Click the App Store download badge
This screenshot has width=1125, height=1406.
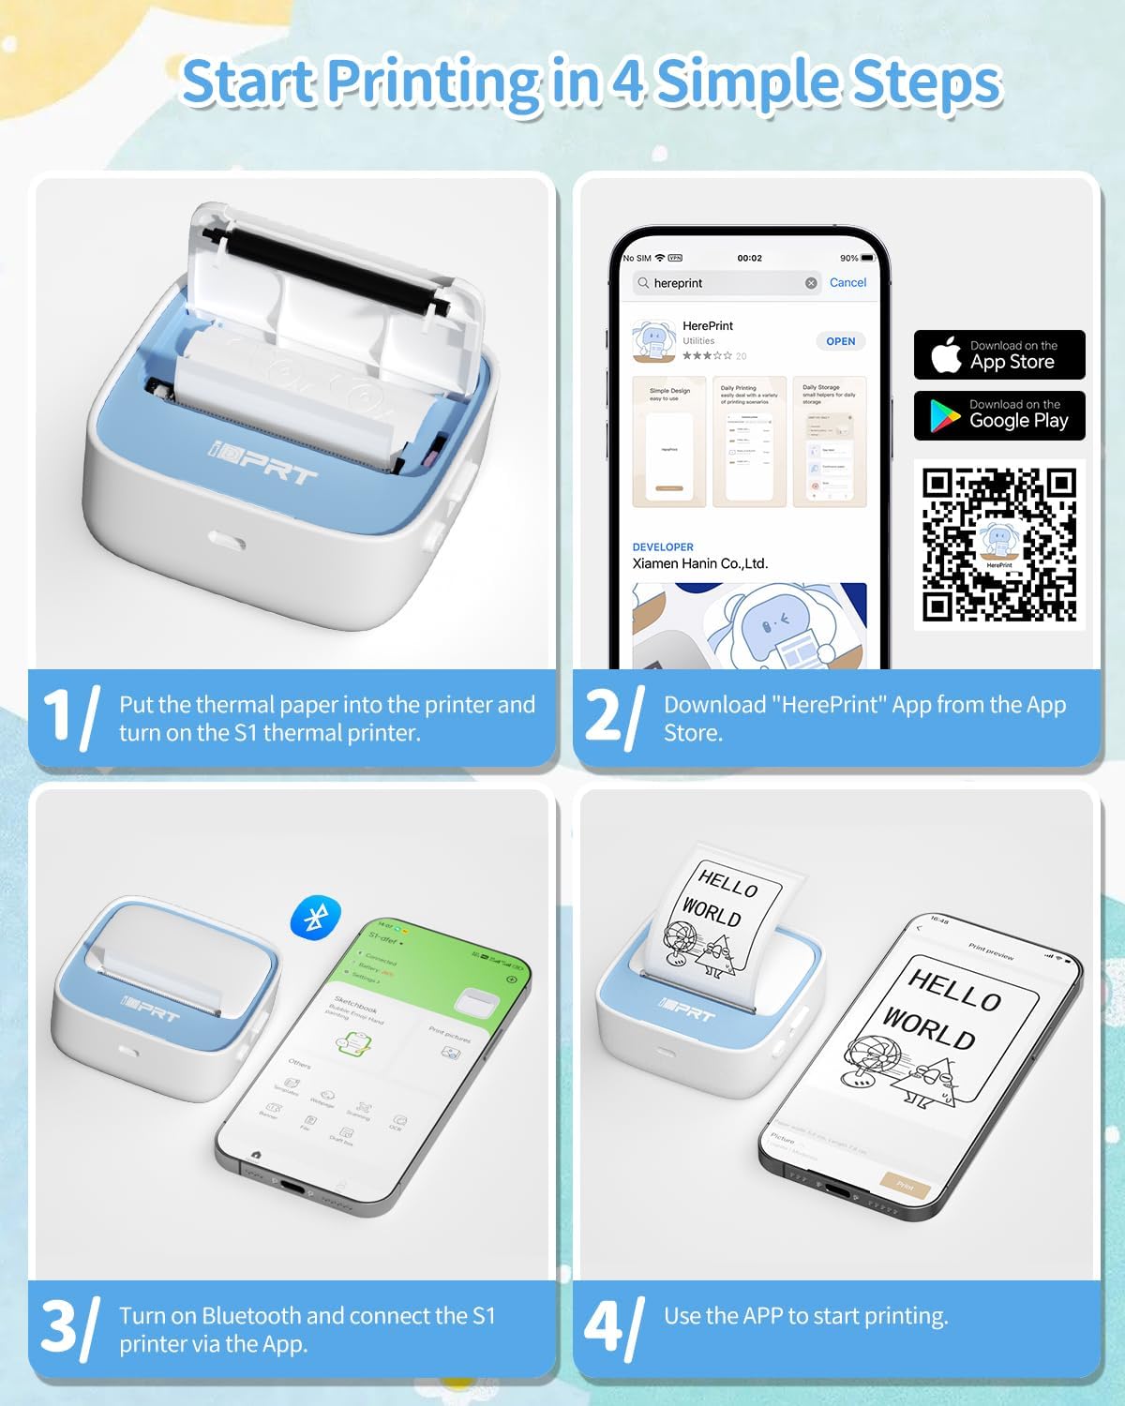tap(999, 354)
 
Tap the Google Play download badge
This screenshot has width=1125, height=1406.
tap(999, 415)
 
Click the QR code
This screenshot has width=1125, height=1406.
tap(999, 545)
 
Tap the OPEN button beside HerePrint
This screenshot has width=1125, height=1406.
tap(840, 341)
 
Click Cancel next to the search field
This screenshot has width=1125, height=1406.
tap(847, 282)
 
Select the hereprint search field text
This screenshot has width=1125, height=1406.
tap(679, 283)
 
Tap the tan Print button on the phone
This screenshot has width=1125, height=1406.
tap(905, 1185)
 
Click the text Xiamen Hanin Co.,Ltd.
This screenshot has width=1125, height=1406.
tap(700, 563)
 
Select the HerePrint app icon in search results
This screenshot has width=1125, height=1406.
tap(655, 341)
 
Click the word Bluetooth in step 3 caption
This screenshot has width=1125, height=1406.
tap(251, 1315)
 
